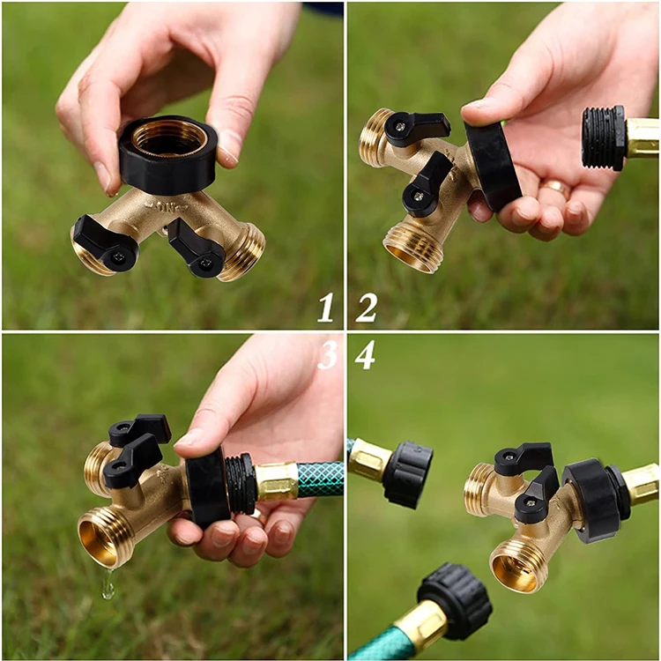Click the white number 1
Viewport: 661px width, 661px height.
326,308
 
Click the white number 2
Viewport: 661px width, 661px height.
366,308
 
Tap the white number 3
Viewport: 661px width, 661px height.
327,354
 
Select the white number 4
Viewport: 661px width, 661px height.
366,354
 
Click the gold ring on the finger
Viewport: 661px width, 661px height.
557,187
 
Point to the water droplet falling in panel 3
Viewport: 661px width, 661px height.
108,585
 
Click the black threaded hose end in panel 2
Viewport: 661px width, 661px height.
604,137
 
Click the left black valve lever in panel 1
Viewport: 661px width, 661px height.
103,244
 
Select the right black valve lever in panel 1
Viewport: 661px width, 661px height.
196,249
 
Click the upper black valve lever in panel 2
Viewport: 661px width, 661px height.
416,128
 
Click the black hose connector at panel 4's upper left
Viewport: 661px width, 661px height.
408,473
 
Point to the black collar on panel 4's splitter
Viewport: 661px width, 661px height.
592,498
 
